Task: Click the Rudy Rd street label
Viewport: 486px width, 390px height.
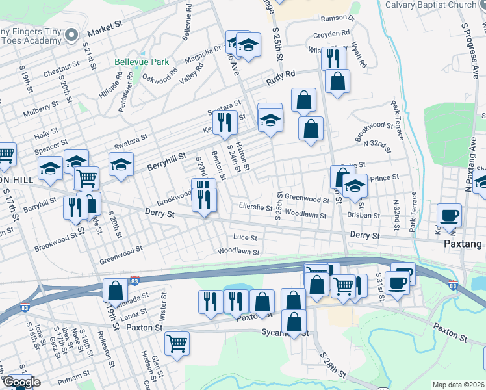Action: (281, 80)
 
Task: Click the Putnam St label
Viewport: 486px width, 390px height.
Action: (73, 376)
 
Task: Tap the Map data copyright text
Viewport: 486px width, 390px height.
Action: (458, 385)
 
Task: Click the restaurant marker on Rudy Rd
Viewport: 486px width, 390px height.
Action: (333, 58)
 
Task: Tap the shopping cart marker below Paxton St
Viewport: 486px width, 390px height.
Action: (177, 343)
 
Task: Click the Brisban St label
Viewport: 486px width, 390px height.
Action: (363, 215)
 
